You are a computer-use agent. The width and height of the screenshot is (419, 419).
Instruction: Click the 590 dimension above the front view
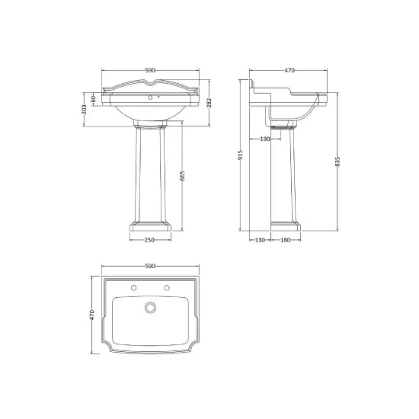point(150,71)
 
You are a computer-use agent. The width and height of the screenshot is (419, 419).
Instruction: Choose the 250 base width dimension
point(150,240)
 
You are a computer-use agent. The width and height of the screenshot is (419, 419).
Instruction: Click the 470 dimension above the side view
point(289,71)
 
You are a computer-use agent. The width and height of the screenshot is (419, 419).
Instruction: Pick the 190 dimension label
point(264,139)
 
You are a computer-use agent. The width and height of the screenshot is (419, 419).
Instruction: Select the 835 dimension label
point(337,162)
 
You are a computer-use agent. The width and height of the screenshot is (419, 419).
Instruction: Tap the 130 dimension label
point(260,240)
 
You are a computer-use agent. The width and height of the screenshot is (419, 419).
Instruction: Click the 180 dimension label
point(286,240)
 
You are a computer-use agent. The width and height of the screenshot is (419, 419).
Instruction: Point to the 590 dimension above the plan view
point(150,266)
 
